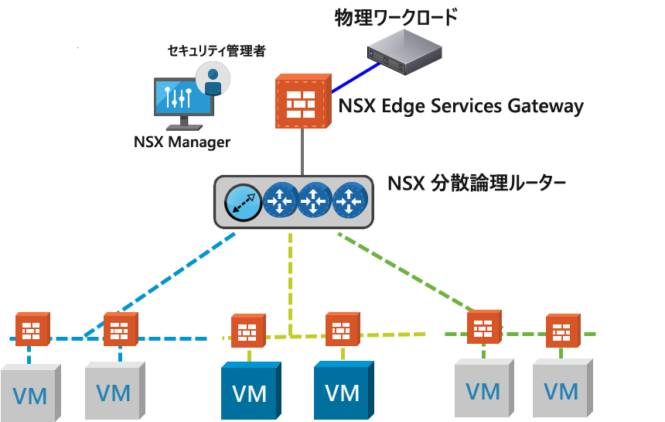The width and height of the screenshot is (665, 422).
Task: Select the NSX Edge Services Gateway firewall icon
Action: tap(302, 101)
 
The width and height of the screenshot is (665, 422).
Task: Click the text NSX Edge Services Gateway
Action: tap(461, 105)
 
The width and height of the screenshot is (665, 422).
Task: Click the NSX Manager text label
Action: tap(182, 142)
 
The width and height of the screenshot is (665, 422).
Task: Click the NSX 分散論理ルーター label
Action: tap(477, 184)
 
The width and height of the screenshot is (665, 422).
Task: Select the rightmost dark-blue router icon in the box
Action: tap(349, 201)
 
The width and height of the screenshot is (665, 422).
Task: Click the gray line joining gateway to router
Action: tap(302, 151)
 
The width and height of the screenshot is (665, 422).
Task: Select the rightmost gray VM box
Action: tap(562, 388)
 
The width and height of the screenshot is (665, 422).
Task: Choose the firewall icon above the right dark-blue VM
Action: tap(343, 328)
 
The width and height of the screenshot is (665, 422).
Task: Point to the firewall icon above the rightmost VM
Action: tap(562, 328)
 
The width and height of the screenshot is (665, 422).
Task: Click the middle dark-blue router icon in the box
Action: tap(314, 201)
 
